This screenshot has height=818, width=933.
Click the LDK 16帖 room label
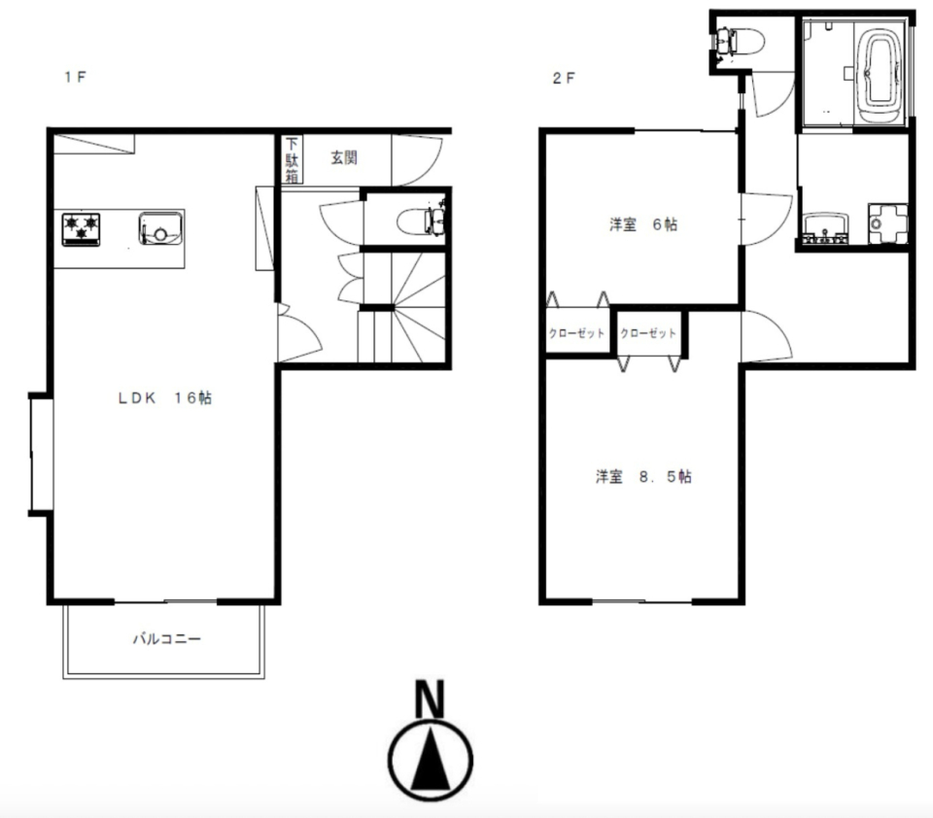pyautogui.click(x=165, y=397)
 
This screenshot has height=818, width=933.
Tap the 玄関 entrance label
pyautogui.click(x=344, y=157)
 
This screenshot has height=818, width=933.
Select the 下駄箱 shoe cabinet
pyautogui.click(x=293, y=159)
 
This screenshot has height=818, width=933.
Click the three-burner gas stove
pyautogui.click(x=81, y=229)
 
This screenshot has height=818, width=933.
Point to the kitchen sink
pyautogui.click(x=160, y=228)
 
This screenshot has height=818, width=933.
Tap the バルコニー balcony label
pyautogui.click(x=166, y=639)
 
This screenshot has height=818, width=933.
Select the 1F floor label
pyautogui.click(x=76, y=77)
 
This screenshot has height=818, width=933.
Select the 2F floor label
pyautogui.click(x=564, y=78)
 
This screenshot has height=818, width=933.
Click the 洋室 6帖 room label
pyautogui.click(x=643, y=224)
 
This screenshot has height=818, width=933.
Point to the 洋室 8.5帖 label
pyautogui.click(x=643, y=477)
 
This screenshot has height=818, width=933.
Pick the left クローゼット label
pyautogui.click(x=576, y=333)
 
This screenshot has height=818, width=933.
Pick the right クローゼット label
pyautogui.click(x=648, y=333)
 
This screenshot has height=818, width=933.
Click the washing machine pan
pyautogui.click(x=887, y=223)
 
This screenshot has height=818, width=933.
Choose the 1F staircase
pyautogui.click(x=402, y=306)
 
